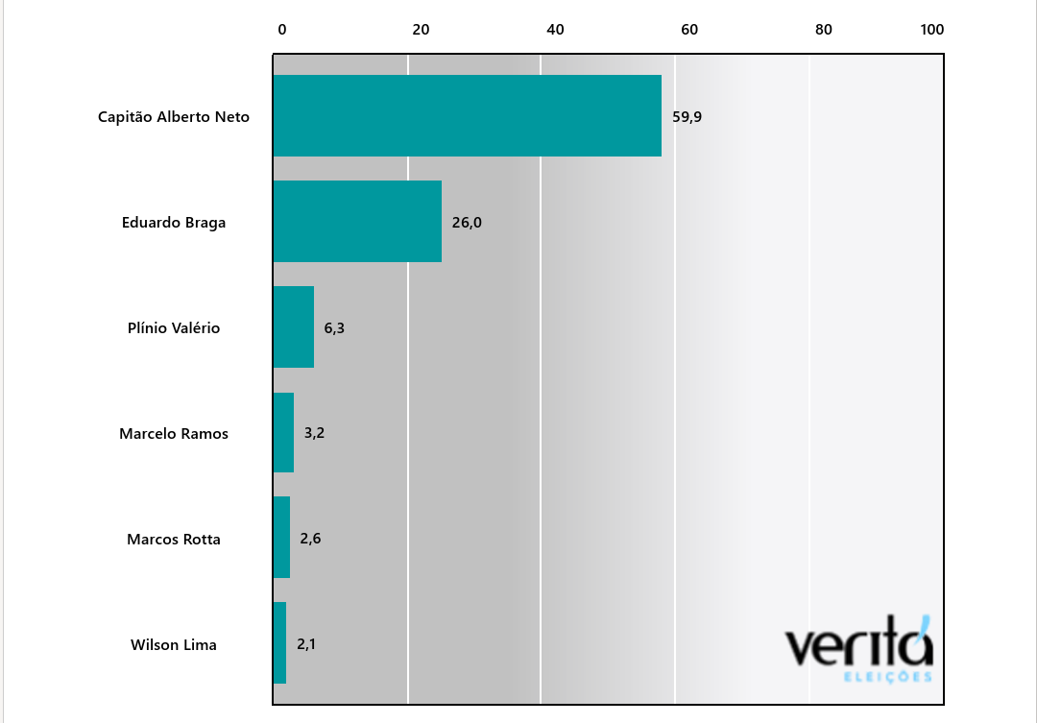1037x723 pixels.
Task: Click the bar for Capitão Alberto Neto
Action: [468, 115]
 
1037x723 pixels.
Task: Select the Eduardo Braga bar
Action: [357, 221]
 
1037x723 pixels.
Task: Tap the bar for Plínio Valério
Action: [294, 326]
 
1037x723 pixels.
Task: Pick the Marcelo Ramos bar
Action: [283, 432]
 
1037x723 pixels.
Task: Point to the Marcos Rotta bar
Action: [281, 538]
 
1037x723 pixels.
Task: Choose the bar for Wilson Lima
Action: [279, 643]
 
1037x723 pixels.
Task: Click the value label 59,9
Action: [687, 117]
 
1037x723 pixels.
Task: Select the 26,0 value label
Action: [467, 223]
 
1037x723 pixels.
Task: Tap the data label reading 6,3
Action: [334, 327]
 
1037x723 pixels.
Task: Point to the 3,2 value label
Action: [314, 433]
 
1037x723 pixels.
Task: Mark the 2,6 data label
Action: [310, 539]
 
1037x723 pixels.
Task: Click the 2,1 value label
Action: [306, 644]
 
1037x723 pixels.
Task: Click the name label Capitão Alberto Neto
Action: [174, 117]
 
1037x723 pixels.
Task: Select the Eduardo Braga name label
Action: [174, 223]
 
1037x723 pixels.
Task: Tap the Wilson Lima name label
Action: [174, 645]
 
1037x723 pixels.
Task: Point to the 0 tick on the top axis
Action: [282, 30]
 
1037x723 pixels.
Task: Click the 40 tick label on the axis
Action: [555, 30]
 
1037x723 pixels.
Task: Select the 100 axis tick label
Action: [932, 30]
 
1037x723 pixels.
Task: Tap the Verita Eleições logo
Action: [859, 649]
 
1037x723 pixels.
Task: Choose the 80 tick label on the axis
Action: [824, 30]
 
